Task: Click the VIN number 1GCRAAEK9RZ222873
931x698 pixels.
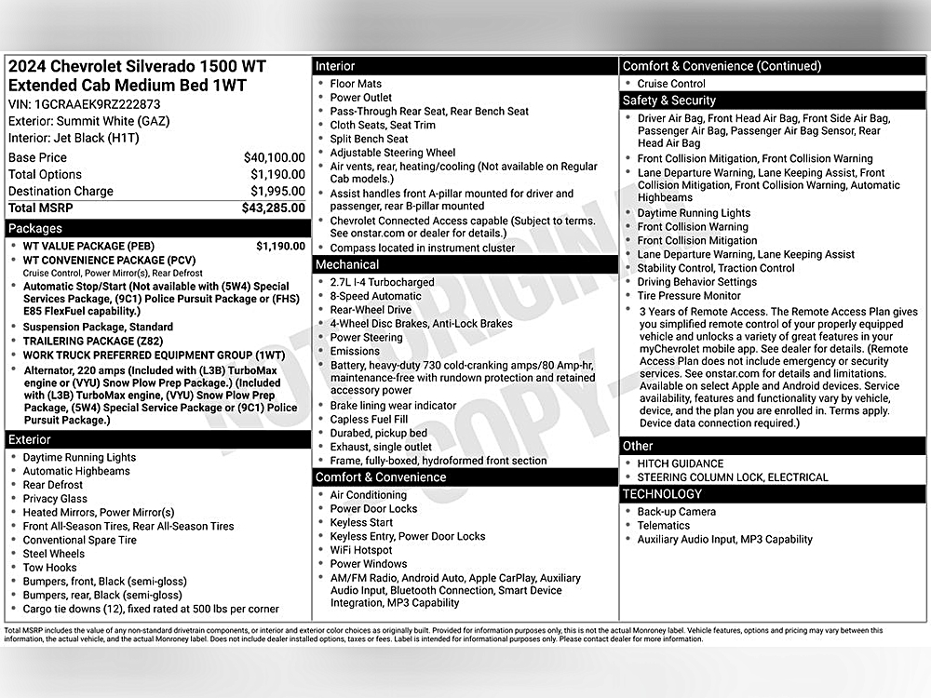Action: pos(97,105)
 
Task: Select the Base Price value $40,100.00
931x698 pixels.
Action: pos(274,158)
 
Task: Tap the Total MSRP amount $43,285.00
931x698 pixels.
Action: pos(273,208)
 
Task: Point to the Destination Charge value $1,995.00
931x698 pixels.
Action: pos(277,192)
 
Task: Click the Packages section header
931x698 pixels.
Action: pos(35,228)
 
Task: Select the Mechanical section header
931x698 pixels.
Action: pos(347,264)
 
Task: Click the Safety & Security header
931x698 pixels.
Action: pos(668,101)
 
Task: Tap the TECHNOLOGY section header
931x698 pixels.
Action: pos(662,494)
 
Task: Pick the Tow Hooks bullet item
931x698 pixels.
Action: pos(50,568)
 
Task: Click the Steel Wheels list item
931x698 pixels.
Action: pos(54,554)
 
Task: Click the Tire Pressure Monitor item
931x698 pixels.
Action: pos(689,296)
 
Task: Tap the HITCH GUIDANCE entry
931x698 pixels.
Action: pos(681,463)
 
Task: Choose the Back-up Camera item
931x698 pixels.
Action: pos(677,512)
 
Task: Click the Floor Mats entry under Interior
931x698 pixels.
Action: pos(356,84)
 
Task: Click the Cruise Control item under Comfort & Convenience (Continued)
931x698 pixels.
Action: pos(671,84)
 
